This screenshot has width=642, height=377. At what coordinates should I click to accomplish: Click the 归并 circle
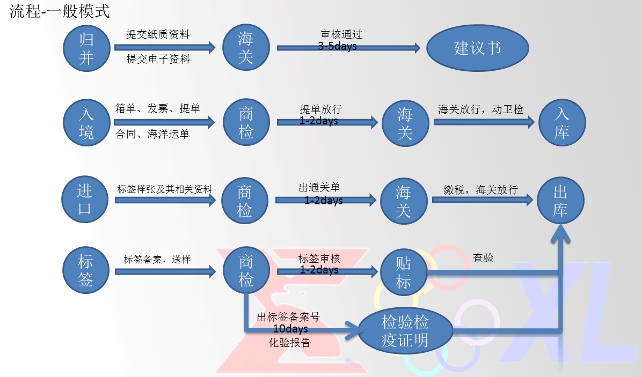click(x=86, y=48)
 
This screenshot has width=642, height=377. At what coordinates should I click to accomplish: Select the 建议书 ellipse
click(x=478, y=48)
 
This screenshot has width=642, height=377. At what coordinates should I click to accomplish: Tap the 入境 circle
click(x=86, y=123)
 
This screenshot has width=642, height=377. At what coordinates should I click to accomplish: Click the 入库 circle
click(x=562, y=123)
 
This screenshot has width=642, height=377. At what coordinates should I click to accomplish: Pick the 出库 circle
click(x=560, y=201)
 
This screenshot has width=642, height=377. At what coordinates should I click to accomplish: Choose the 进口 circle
click(x=85, y=200)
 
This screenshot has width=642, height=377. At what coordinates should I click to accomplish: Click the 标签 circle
click(x=86, y=271)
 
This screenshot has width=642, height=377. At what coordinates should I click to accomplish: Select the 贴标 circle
click(x=403, y=272)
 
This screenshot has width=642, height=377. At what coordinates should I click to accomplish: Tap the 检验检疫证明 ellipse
click(x=405, y=331)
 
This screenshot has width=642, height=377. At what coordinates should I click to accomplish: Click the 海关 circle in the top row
click(x=246, y=48)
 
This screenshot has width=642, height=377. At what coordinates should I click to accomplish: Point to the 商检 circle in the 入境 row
click(x=246, y=123)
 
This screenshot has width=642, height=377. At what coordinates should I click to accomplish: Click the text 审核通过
click(x=341, y=35)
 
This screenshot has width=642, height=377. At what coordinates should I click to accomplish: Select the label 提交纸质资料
click(x=158, y=35)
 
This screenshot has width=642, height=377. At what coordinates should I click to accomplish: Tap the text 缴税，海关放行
click(x=480, y=189)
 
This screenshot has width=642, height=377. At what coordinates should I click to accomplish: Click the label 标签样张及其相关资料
click(x=165, y=189)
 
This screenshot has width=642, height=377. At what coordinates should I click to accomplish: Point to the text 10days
click(x=290, y=328)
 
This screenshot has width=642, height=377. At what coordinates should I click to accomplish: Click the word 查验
click(x=483, y=258)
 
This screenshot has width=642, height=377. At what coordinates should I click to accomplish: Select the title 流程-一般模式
click(x=60, y=12)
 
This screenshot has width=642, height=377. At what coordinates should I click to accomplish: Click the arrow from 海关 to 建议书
click(x=348, y=48)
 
